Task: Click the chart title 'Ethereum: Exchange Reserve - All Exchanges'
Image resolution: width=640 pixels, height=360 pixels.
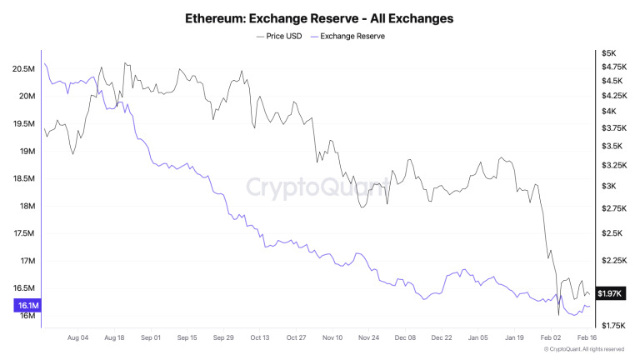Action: (x=320, y=17)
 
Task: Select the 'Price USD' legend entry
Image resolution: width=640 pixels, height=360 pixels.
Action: (x=283, y=37)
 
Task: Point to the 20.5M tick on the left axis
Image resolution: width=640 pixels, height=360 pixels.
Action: (x=24, y=69)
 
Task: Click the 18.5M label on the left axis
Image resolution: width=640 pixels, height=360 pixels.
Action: (x=24, y=179)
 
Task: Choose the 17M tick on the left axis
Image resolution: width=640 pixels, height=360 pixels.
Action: (x=27, y=261)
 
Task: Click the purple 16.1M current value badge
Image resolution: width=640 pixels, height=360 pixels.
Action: (x=28, y=306)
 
